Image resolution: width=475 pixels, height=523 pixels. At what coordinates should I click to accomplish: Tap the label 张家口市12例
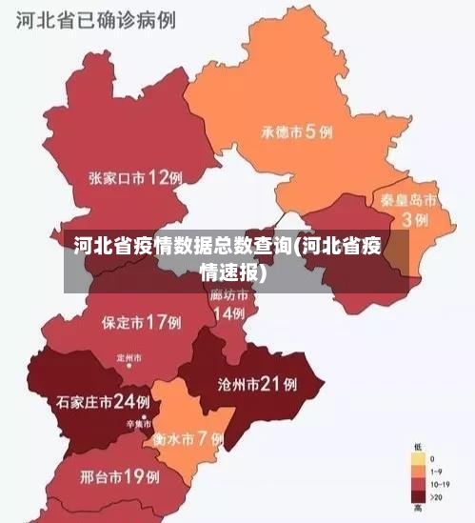(135, 177)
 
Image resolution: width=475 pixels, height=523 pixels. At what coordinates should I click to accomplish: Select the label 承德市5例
(297, 132)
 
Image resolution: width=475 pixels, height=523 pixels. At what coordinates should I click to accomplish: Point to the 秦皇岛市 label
(408, 201)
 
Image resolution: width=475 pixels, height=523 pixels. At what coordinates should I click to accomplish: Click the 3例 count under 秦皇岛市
(414, 219)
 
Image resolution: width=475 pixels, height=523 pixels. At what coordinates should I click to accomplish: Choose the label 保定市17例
(141, 322)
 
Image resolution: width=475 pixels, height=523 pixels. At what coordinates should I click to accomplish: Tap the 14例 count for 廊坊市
(228, 313)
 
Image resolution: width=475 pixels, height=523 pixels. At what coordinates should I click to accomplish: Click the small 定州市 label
(129, 358)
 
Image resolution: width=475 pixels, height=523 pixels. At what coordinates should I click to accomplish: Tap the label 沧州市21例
(257, 385)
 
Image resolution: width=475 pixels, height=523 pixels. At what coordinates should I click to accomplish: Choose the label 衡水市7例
(188, 439)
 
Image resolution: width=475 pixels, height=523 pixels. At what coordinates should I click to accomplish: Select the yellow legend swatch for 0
(417, 459)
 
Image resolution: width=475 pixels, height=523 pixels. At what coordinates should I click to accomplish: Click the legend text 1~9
(438, 472)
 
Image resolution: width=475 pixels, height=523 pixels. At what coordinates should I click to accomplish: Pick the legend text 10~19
(441, 484)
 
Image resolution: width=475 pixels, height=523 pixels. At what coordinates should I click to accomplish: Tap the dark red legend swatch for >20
(417, 495)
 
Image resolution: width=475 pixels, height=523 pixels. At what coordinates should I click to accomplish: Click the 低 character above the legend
(417, 446)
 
